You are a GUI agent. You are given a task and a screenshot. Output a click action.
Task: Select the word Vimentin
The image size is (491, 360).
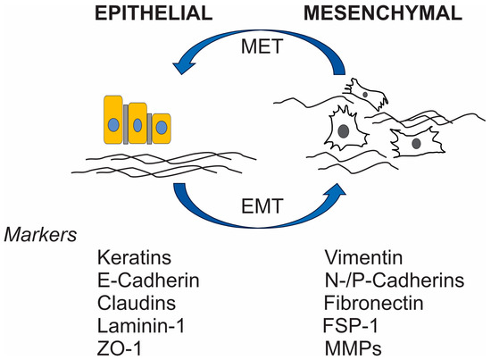pos(356,261)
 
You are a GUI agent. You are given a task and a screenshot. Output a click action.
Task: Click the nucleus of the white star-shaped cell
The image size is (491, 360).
pos(342,130)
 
